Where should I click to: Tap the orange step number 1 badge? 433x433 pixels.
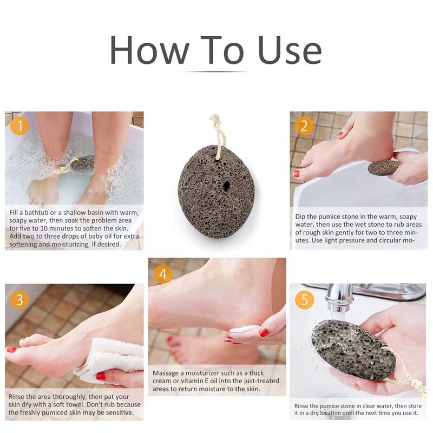pyautogui.click(x=20, y=127)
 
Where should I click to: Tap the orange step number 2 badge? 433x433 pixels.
pyautogui.click(x=304, y=127)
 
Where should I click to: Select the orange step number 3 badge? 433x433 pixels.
pyautogui.click(x=20, y=299)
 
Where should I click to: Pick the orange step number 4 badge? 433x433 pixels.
pyautogui.click(x=163, y=273)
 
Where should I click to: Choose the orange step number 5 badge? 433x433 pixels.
pyautogui.click(x=304, y=299)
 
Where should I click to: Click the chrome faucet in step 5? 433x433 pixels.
pyautogui.click(x=346, y=295)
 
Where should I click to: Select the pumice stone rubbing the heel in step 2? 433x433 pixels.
pyautogui.click(x=383, y=167)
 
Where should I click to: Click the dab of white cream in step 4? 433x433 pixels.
pyautogui.click(x=244, y=329)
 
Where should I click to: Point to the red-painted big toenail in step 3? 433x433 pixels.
pyautogui.click(x=11, y=349)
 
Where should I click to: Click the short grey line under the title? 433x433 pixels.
pyautogui.click(x=216, y=71)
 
